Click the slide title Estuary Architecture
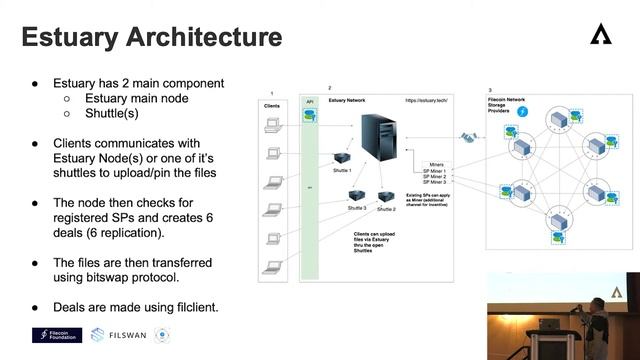click(x=152, y=38)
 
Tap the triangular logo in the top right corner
click(x=599, y=35)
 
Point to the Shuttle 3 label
click(x=357, y=207)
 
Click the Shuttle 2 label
click(x=387, y=209)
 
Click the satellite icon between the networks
click(x=466, y=136)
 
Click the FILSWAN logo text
click(x=129, y=336)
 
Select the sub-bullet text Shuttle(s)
click(x=111, y=114)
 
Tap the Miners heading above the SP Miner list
click(x=436, y=162)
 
